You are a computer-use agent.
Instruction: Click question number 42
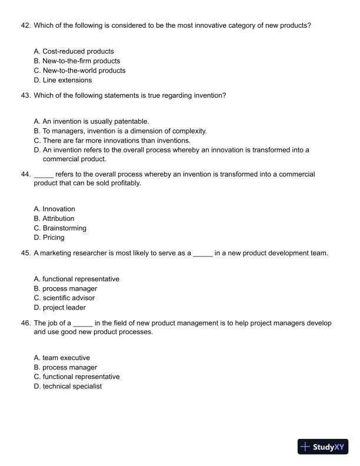[25, 25]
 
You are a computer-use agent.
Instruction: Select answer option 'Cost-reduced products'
[78, 51]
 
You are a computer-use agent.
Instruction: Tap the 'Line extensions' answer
[67, 80]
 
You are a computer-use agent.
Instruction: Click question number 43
[25, 95]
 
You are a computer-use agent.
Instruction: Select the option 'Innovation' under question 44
[59, 209]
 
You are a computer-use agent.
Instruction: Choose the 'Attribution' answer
[58, 218]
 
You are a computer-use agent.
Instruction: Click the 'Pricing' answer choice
[54, 237]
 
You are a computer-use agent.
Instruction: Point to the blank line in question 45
[202, 254]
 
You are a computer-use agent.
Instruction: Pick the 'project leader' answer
[64, 307]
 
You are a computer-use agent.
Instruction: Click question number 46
[25, 323]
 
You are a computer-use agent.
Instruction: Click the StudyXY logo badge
[323, 447]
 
